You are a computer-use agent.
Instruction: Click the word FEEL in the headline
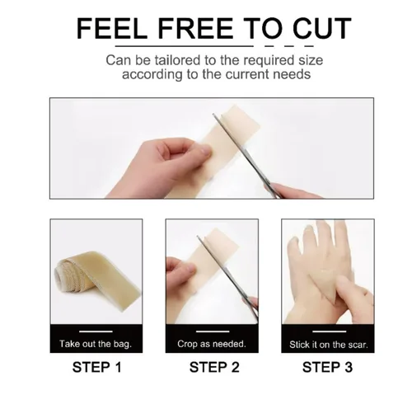click(x=112, y=28)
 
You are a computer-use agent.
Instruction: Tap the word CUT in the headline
click(x=322, y=28)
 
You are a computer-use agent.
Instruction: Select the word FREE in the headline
click(x=195, y=28)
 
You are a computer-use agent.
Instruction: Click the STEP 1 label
click(x=96, y=367)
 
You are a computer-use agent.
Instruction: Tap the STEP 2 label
click(x=214, y=367)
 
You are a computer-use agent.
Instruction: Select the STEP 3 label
click(x=327, y=367)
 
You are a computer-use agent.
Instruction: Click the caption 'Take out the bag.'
click(x=96, y=344)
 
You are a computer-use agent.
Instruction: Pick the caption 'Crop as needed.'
click(x=212, y=344)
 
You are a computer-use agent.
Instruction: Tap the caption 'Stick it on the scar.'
click(x=329, y=345)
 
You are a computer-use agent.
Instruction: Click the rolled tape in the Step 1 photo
click(x=97, y=279)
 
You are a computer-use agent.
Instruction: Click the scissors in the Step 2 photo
click(x=228, y=279)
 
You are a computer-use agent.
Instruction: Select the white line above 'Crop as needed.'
click(x=213, y=331)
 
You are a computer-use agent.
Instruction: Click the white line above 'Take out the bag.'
click(x=96, y=331)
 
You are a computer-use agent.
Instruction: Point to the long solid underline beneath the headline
click(x=185, y=46)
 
